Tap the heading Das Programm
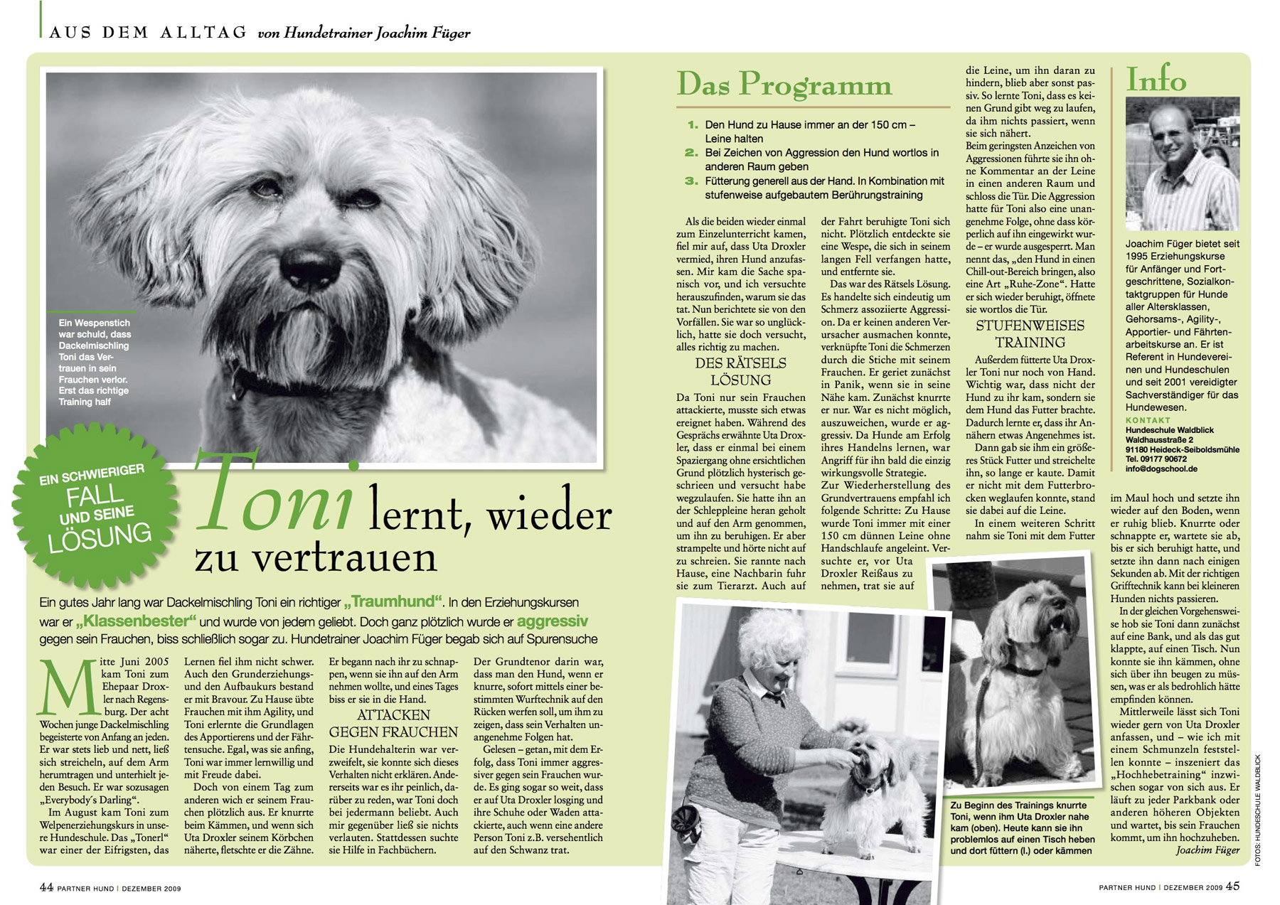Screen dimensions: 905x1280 tap(783, 85)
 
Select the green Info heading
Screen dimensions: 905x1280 tap(1156, 80)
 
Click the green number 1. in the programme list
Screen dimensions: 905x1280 tap(692, 125)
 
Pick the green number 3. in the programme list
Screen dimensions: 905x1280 tap(691, 181)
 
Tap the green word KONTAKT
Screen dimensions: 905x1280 tap(1147, 420)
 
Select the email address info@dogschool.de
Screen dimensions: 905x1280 tap(1161, 469)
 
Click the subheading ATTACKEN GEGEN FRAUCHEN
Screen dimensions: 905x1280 tap(393, 724)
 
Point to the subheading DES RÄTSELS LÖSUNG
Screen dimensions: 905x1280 tap(740, 371)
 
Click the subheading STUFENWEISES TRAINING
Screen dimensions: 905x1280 tap(1029, 333)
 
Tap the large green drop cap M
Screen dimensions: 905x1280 tap(68, 687)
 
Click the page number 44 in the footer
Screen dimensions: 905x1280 tap(46, 887)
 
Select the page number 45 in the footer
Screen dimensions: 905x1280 tap(1232, 887)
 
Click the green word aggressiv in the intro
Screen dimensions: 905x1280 tap(552, 621)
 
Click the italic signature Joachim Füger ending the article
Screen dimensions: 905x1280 tap(1207, 850)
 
